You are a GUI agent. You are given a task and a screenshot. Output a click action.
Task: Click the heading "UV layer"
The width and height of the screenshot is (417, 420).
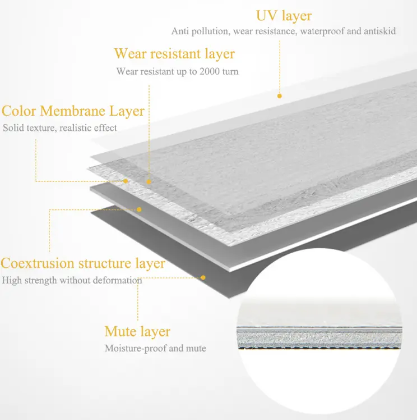[284, 16]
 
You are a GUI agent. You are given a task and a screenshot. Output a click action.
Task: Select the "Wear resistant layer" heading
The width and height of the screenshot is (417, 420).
[174, 54]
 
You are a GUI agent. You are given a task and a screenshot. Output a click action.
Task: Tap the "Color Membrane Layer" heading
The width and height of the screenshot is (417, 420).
[73, 111]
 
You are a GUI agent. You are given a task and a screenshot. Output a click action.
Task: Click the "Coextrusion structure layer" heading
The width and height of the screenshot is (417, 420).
[83, 263]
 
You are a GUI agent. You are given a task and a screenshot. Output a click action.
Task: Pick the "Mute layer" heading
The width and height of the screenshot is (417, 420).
[137, 332]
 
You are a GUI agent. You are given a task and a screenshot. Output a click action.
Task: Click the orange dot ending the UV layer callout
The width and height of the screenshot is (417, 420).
[279, 96]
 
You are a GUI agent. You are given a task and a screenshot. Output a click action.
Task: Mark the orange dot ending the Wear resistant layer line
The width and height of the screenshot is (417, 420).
[149, 182]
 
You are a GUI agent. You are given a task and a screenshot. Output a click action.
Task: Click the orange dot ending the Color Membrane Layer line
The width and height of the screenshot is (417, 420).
[126, 181]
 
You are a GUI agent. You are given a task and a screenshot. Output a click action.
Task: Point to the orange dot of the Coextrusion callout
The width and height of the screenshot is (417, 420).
[139, 209]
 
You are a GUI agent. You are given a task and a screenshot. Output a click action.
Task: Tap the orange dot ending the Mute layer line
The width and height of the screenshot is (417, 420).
[203, 277]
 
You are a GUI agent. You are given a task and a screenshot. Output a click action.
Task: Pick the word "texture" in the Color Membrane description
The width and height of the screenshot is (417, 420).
[41, 128]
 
